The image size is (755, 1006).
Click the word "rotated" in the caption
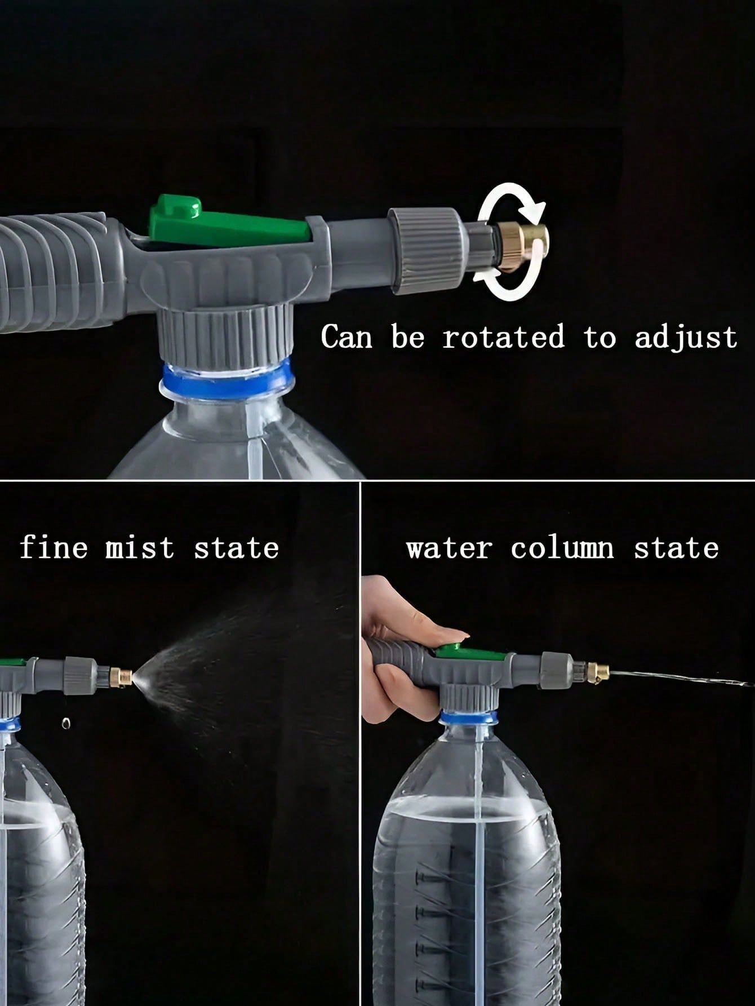pyautogui.click(x=503, y=337)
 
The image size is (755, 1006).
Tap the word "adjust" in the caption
pyautogui.click(x=686, y=338)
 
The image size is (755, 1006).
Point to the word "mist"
pyautogui.click(x=140, y=547)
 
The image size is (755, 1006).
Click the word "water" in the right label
pyautogui.click(x=450, y=548)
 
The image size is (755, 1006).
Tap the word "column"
pyautogui.click(x=562, y=548)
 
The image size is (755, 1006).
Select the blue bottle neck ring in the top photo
pyautogui.click(x=226, y=378)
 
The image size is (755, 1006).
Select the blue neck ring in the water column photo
pyautogui.click(x=469, y=717)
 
